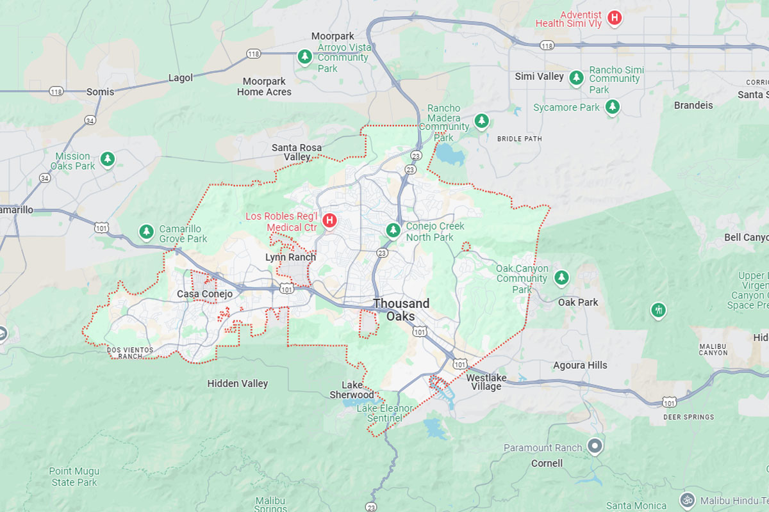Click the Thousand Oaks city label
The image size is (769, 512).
coord(401,310)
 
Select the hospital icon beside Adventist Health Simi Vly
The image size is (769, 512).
coord(615,18)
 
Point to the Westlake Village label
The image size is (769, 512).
coord(486,382)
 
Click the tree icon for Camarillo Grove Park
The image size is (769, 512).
coord(147,231)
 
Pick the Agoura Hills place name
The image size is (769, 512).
coord(580,365)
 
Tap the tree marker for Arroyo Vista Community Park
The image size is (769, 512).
coord(304,58)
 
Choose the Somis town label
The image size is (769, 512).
coord(100,92)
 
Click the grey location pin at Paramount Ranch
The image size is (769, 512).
coord(595,446)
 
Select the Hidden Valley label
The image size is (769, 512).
coord(238,383)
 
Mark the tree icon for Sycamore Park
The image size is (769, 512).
coord(613,106)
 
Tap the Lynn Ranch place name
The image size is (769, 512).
coord(290,257)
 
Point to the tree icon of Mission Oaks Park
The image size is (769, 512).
coord(108,159)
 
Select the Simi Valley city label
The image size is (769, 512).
coord(540,76)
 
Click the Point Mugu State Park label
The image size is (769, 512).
coord(74,476)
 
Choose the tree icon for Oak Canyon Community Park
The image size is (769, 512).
coord(561,277)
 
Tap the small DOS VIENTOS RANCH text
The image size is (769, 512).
coord(130,353)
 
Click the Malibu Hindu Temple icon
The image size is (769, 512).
coord(687,499)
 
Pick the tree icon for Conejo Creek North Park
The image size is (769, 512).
coord(393,229)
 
